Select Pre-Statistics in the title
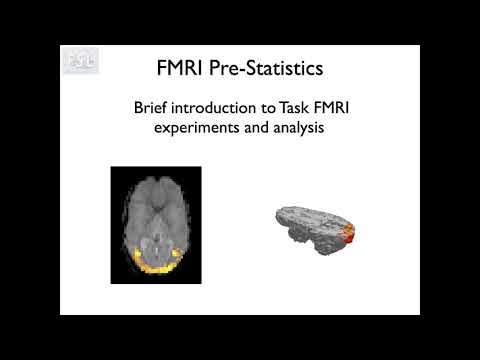266,70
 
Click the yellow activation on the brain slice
155,266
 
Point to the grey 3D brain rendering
310,227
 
